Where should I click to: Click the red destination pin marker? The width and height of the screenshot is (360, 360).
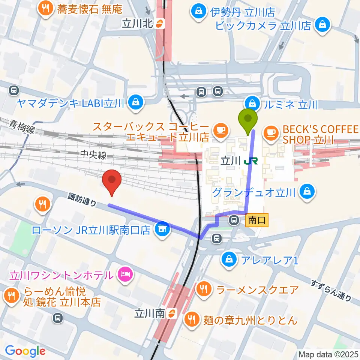pos(112,181)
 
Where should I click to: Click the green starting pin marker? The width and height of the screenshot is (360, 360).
pos(248,120)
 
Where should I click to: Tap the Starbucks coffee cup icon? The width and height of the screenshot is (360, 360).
pos(220,130)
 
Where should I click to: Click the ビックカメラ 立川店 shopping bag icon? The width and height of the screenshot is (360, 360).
pos(322,25)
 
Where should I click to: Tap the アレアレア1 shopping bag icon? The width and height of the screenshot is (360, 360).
pos(228,258)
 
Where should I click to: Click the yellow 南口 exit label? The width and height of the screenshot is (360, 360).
pos(257,220)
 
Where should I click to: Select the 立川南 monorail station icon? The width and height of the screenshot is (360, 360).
pos(171,313)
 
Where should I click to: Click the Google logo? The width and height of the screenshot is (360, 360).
pos(25,351)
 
